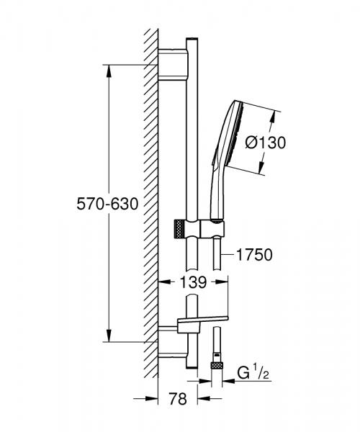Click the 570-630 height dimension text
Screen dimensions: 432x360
pos(108,204)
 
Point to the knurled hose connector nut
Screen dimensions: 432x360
pos(215,367)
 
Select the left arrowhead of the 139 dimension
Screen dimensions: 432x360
pos(162,282)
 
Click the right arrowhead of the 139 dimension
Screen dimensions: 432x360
pos(220,282)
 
